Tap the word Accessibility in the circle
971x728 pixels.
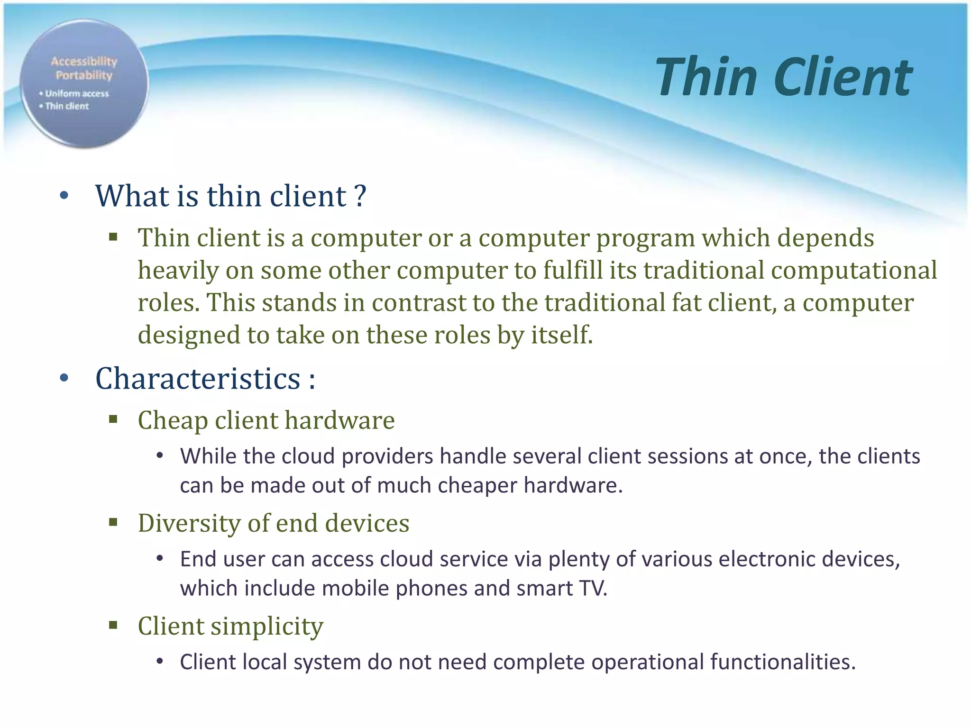pyautogui.click(x=84, y=61)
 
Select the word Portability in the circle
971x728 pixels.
pyautogui.click(x=84, y=75)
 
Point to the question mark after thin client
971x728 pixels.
pyautogui.click(x=360, y=195)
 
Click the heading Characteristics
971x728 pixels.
pyautogui.click(x=198, y=378)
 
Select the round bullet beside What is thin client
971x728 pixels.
pyautogui.click(x=64, y=195)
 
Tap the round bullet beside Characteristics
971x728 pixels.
pyautogui.click(x=64, y=378)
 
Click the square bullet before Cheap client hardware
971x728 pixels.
pyautogui.click(x=113, y=419)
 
